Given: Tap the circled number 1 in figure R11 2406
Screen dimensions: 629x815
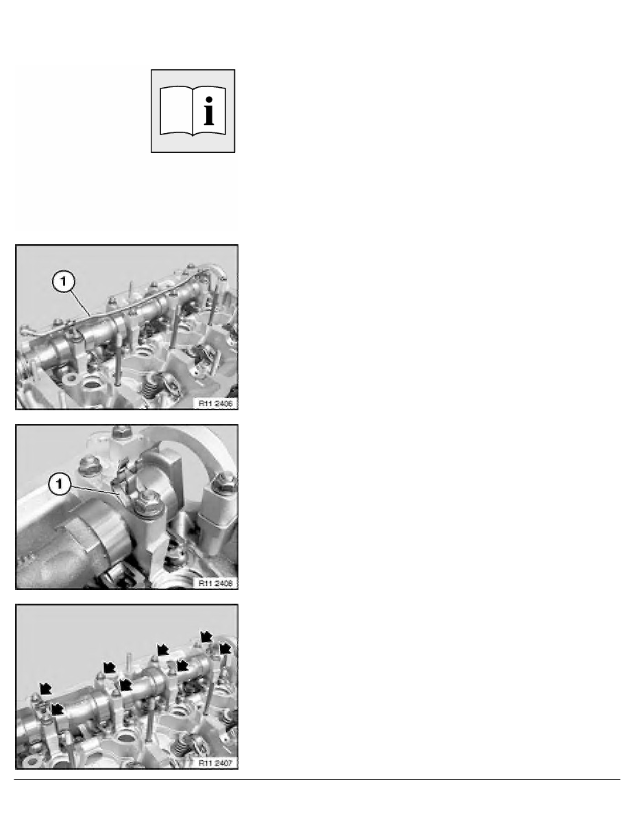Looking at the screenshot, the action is pos(63,282).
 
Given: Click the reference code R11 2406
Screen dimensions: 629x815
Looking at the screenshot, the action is pos(215,403).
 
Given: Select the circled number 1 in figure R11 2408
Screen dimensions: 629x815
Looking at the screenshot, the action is pos(59,484).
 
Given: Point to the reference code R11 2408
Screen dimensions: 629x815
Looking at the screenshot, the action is pos(215,583).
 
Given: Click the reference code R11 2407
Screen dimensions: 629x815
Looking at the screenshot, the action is pos(215,763).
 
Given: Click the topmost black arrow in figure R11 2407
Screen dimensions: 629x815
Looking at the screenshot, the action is pos(206,636).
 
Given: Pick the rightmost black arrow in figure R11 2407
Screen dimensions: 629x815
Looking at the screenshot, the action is pos(225,648).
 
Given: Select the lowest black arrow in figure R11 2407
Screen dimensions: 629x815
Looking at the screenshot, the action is pos(57,709).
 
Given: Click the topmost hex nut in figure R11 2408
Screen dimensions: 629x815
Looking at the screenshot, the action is pos(121,431).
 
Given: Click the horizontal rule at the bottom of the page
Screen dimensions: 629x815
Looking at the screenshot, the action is pos(317,779).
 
